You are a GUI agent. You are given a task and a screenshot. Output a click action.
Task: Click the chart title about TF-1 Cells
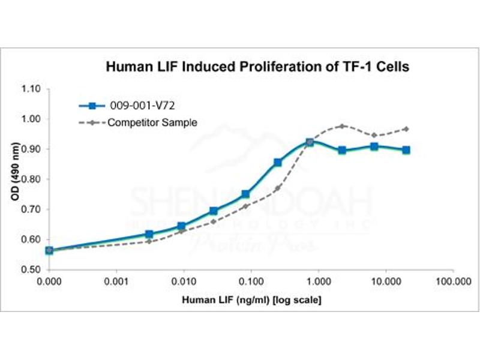click(x=257, y=67)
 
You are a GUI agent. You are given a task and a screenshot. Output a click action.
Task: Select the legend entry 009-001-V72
click(x=142, y=107)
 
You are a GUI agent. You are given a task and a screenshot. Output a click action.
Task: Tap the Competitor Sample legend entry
click(x=153, y=122)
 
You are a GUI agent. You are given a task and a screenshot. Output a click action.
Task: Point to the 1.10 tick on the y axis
click(x=31, y=89)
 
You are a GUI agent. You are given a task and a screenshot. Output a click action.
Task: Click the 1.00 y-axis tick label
click(x=31, y=119)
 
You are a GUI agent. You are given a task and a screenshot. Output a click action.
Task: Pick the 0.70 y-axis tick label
click(x=31, y=209)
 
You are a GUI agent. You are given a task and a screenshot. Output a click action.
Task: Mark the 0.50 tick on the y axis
click(x=31, y=269)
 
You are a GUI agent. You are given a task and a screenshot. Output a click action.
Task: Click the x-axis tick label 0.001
click(x=116, y=281)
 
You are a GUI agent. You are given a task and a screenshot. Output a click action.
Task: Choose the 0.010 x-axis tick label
click(x=184, y=281)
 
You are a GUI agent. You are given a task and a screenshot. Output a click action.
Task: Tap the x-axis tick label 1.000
click(x=318, y=281)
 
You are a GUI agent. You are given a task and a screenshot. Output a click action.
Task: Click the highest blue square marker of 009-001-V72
click(x=310, y=143)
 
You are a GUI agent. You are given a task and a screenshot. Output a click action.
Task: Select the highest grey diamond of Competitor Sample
click(x=343, y=126)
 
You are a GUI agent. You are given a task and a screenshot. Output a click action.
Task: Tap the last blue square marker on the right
click(x=406, y=150)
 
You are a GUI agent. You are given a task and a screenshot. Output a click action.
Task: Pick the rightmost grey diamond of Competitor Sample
click(x=406, y=129)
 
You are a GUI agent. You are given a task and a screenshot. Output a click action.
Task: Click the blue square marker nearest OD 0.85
click(x=277, y=163)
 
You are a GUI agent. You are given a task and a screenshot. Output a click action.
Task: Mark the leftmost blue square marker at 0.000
click(x=49, y=250)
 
